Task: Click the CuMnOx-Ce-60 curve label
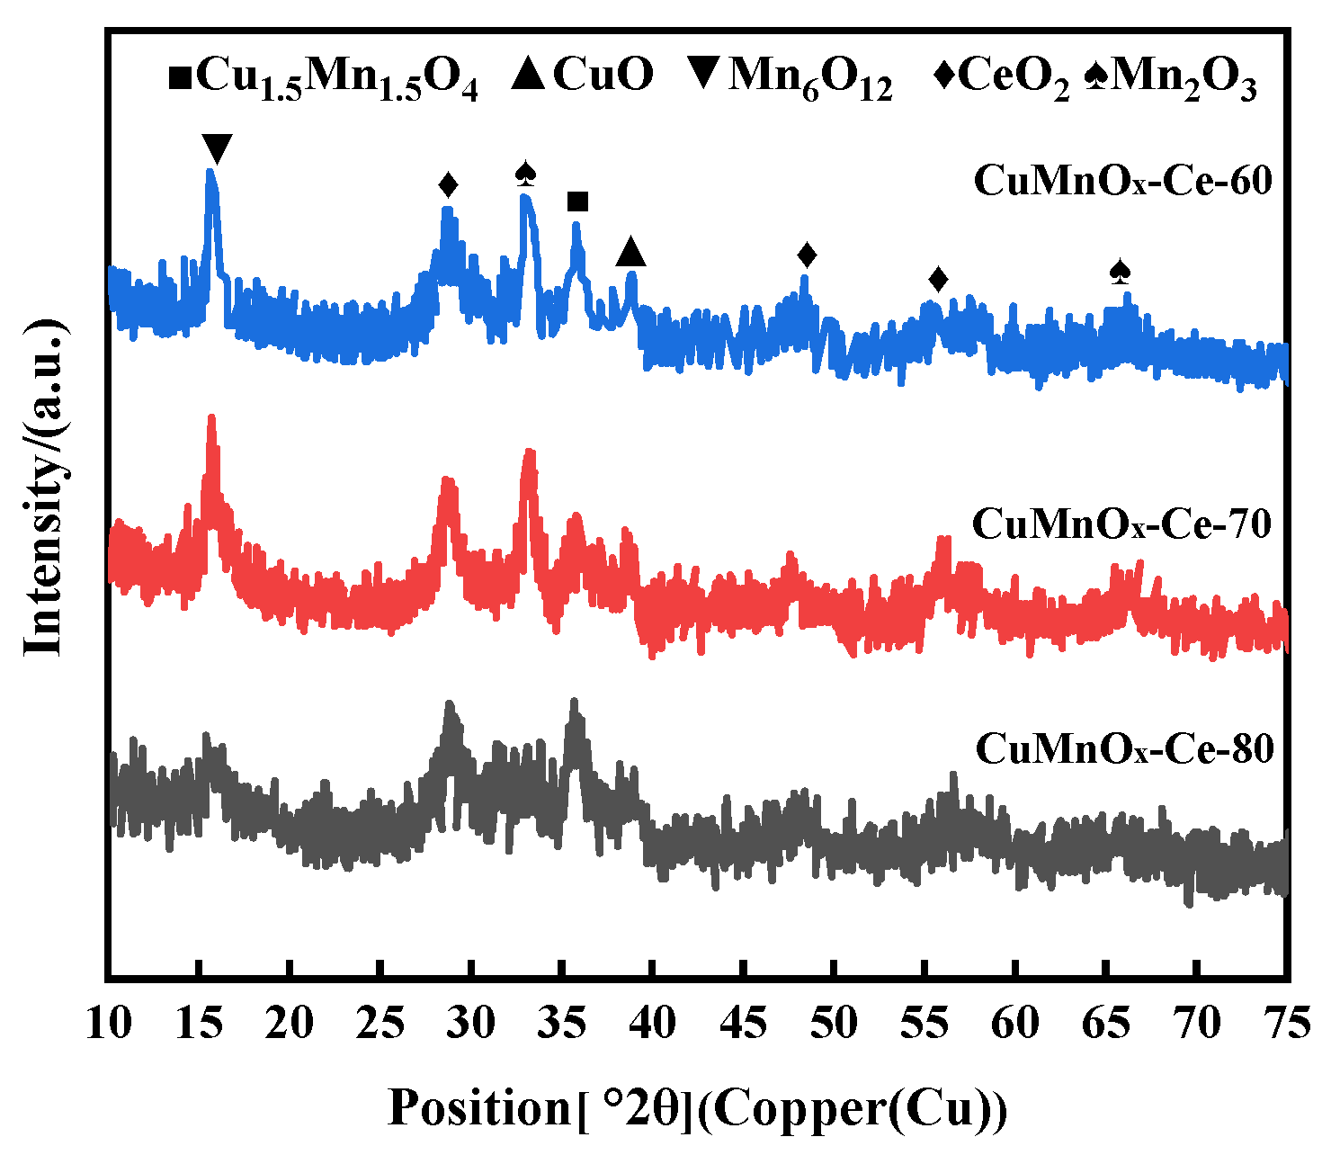coord(1123,182)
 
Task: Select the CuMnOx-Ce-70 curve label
coord(1121,524)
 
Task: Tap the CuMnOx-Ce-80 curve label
coord(1125,748)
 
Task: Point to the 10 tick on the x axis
coord(108,1024)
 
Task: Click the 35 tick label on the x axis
coord(562,1024)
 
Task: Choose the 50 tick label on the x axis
coord(835,1024)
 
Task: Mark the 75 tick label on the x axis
coord(1287,1024)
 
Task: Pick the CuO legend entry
coord(583,76)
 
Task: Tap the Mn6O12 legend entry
coord(791,77)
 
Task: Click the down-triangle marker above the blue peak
coord(217,147)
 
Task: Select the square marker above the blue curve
coord(577,202)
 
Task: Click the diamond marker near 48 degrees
coord(807,255)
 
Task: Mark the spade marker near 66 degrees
coord(1121,270)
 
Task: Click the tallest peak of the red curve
coord(212,419)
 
